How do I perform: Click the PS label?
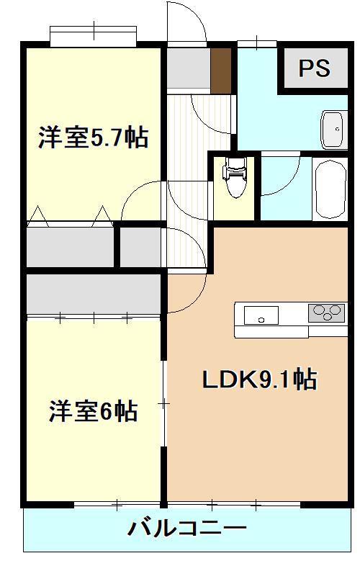tap(315, 68)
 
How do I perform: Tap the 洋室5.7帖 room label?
tap(93, 137)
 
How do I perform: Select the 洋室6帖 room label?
tap(93, 411)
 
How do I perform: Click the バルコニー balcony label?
tap(187, 529)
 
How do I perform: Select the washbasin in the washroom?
tap(334, 128)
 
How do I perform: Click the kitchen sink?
tap(261, 315)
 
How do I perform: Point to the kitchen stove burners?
tap(326, 313)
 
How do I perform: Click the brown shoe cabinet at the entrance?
tap(221, 70)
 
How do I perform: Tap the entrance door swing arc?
tap(189, 18)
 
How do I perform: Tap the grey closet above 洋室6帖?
tap(94, 293)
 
